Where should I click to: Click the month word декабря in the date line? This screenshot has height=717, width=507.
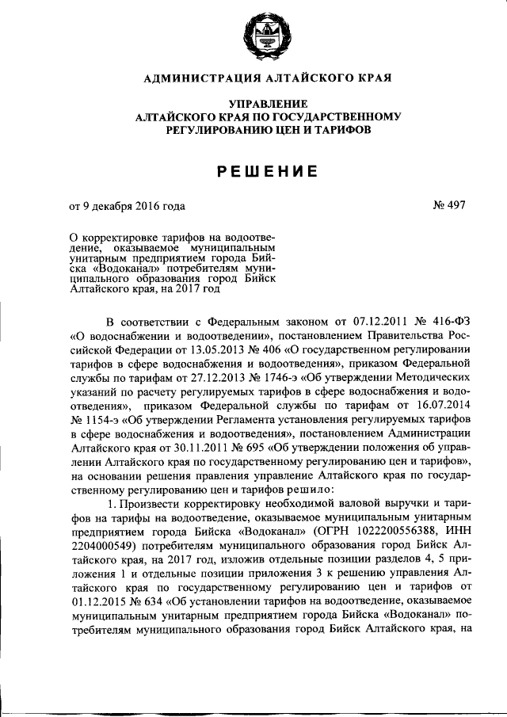[117, 207]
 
